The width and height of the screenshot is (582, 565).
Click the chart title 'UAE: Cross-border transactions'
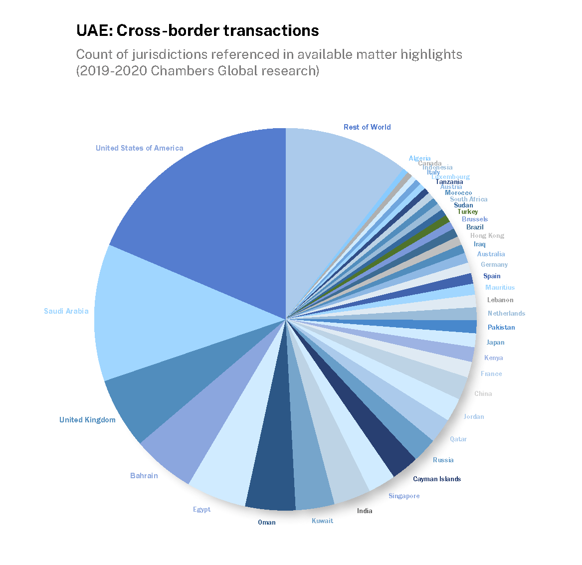(x=197, y=31)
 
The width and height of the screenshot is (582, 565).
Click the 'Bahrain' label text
(x=144, y=476)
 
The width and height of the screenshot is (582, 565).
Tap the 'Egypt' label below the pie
(x=202, y=509)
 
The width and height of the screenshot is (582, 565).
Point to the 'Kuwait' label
(x=322, y=521)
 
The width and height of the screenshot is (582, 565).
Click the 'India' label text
(x=365, y=511)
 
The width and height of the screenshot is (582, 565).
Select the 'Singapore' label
(x=404, y=496)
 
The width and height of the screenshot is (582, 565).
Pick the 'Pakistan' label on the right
(x=501, y=327)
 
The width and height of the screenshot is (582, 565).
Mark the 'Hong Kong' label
(x=487, y=235)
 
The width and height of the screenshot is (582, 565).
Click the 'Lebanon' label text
(x=500, y=300)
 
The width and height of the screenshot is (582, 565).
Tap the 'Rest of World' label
(x=367, y=127)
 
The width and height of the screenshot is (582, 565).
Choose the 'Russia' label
(x=443, y=460)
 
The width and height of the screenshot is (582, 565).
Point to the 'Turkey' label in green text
(x=468, y=211)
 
